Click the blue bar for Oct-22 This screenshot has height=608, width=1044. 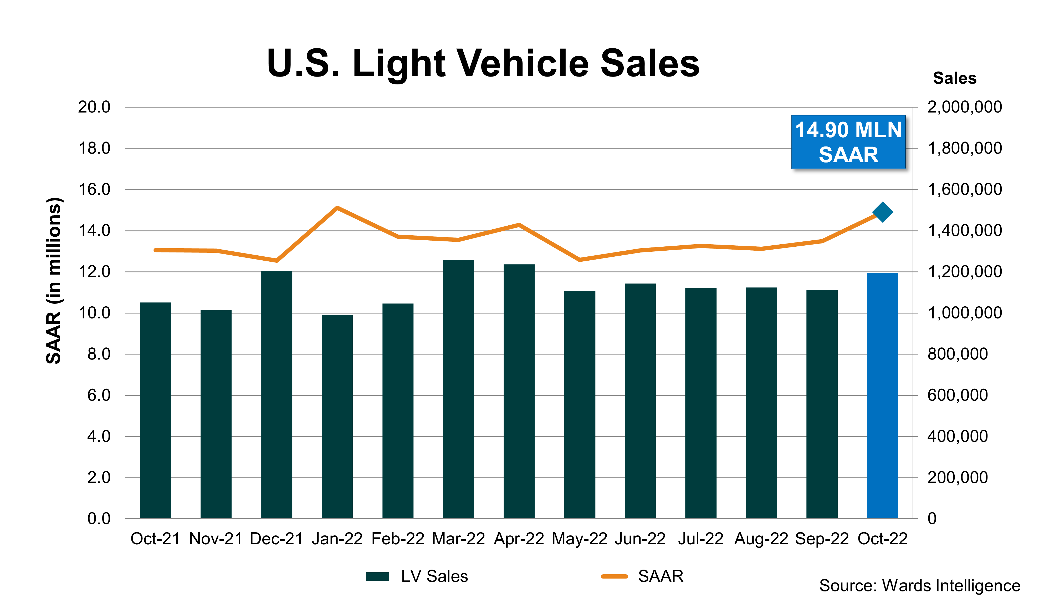point(882,396)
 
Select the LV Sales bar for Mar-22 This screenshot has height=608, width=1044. point(458,389)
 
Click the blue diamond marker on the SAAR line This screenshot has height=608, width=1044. point(882,212)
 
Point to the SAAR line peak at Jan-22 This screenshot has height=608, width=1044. point(337,208)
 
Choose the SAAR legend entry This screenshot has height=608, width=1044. point(642,576)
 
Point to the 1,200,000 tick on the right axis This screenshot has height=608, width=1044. point(964,272)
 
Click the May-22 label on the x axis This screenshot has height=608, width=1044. point(579,539)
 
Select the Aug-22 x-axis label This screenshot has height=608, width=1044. point(761,539)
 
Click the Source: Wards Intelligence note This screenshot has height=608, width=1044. point(919,586)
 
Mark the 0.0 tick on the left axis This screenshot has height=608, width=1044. point(99,519)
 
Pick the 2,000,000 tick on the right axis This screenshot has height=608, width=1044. point(964,107)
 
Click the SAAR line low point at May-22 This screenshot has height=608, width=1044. point(580,260)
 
